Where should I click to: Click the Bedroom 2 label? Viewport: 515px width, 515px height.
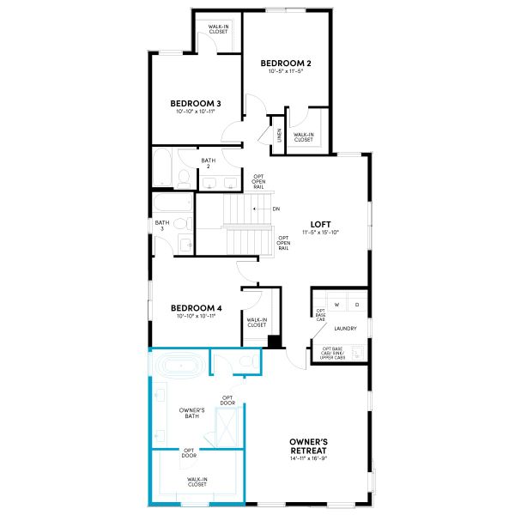click(285, 62)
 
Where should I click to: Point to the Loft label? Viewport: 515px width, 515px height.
click(321, 225)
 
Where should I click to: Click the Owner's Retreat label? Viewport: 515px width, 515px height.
click(309, 445)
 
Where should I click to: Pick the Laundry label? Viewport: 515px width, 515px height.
click(345, 328)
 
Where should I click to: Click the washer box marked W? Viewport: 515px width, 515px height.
click(337, 305)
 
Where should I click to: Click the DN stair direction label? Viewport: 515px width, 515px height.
click(276, 209)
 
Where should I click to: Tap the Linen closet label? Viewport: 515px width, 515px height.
click(279, 136)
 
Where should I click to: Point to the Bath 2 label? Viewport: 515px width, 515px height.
click(209, 163)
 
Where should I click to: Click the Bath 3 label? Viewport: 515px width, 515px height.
click(160, 225)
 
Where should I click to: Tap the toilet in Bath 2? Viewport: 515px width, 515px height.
click(183, 179)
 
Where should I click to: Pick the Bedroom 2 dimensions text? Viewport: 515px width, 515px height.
click(285, 71)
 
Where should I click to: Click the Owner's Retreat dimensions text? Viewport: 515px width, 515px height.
click(309, 458)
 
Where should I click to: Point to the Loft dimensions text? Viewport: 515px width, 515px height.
click(321, 233)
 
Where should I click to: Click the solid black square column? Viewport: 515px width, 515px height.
click(274, 342)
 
